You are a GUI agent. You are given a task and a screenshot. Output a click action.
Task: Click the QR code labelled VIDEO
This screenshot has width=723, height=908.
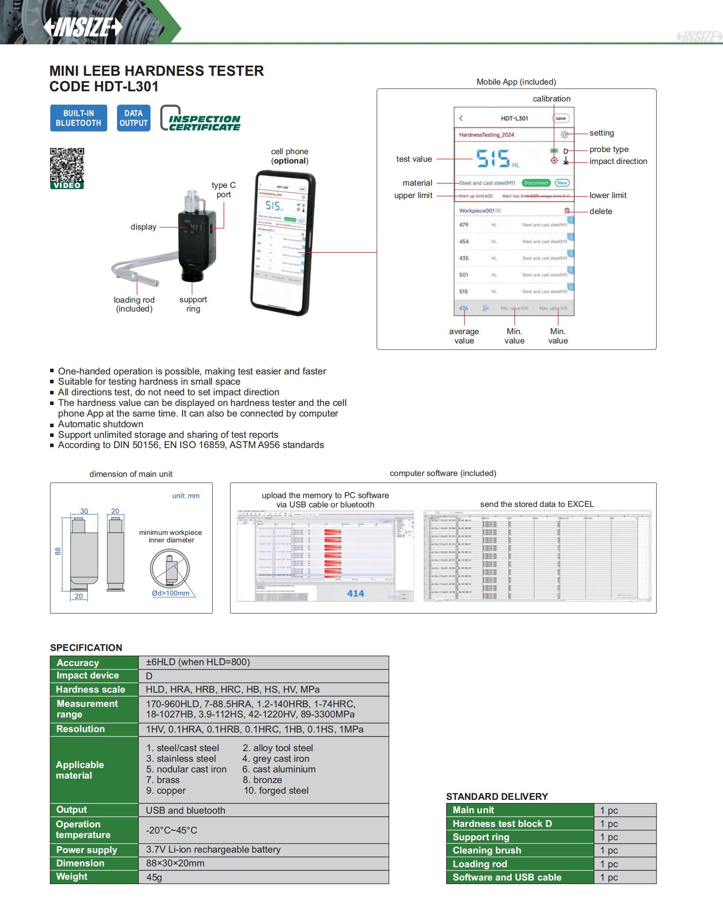[x=67, y=165]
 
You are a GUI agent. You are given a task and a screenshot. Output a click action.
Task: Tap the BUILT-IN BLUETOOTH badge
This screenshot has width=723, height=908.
[x=78, y=118]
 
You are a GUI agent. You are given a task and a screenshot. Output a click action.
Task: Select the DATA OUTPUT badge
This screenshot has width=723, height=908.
[x=133, y=118]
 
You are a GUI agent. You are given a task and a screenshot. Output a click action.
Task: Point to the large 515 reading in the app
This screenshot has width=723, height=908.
[x=493, y=158]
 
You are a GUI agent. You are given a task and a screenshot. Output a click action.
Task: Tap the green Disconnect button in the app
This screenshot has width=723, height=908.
[x=536, y=183]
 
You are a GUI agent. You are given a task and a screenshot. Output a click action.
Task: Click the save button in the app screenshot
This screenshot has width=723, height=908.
[x=560, y=118]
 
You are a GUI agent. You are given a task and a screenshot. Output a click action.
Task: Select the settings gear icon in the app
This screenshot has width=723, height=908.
[x=564, y=135]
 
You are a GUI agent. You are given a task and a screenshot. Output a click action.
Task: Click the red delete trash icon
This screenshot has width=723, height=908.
[x=567, y=211]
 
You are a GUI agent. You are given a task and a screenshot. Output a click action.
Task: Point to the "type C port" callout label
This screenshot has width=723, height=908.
[x=224, y=190]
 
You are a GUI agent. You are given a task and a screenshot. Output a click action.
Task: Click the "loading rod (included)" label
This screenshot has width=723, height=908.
[x=134, y=304]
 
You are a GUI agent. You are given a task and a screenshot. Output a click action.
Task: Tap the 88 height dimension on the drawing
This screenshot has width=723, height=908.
[x=58, y=551]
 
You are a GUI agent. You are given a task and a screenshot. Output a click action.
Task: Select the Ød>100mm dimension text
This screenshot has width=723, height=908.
[x=171, y=593]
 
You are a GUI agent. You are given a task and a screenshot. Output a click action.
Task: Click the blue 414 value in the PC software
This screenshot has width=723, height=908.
[x=355, y=593]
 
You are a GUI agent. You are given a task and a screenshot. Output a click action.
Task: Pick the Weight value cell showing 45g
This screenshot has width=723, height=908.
[x=154, y=877]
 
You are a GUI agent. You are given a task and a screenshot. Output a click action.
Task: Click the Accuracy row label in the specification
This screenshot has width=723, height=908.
[x=78, y=663]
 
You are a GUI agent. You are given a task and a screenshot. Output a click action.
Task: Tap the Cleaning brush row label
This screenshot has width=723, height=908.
[x=487, y=850]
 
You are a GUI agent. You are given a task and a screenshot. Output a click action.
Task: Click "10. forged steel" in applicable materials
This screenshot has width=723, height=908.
[x=276, y=791]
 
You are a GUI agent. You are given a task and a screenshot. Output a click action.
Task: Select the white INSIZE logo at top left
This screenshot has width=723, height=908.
[x=83, y=27]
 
